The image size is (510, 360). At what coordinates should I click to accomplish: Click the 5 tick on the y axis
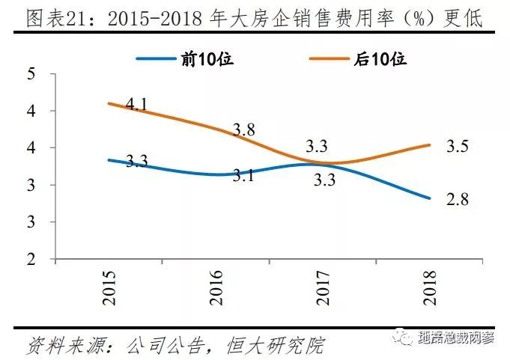point(32,74)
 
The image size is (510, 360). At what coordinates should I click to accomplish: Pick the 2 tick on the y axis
point(32,260)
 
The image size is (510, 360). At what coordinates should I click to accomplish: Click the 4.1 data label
point(136,105)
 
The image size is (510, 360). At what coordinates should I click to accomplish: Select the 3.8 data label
point(243,129)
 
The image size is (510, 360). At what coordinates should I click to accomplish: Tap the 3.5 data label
point(457,146)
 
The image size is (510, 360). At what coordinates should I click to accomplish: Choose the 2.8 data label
point(457,199)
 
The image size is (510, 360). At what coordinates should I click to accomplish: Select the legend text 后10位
point(383,58)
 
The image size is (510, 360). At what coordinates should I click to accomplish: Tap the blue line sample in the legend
point(160,58)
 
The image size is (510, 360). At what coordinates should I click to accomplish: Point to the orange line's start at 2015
point(109,103)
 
